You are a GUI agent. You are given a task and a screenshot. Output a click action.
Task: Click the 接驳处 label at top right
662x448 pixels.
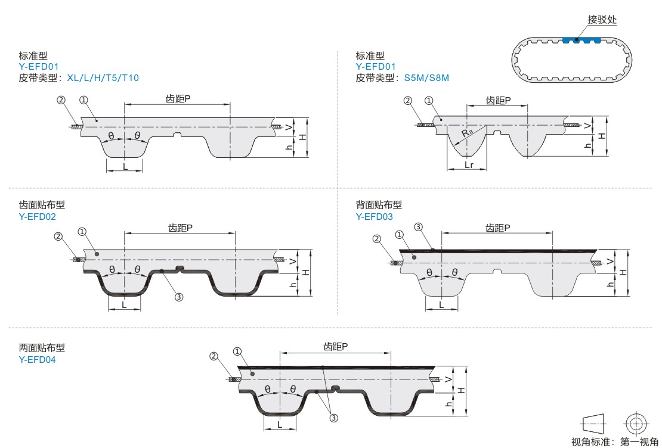(x=602, y=19)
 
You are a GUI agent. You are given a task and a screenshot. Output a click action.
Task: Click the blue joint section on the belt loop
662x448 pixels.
(x=580, y=41)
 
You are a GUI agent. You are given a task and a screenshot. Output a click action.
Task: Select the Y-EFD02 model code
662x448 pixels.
(x=38, y=216)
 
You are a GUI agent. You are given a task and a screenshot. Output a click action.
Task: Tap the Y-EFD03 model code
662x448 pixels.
(x=375, y=216)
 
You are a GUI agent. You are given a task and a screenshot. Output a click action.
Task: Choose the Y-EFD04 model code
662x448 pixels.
(x=38, y=359)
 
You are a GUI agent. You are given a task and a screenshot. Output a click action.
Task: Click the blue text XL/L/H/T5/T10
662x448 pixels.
(x=103, y=78)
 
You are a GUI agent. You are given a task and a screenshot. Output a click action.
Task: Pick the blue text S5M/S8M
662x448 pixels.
(x=426, y=78)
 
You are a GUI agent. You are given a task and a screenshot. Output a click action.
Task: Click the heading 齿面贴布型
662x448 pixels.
(x=42, y=205)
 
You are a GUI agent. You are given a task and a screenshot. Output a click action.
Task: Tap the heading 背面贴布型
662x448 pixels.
(x=379, y=205)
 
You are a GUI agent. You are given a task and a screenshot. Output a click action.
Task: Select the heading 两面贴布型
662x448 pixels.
(x=42, y=348)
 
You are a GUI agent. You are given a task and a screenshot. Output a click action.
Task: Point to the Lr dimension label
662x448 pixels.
(x=468, y=164)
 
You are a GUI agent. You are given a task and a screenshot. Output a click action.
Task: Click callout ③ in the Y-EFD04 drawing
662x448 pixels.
(x=334, y=418)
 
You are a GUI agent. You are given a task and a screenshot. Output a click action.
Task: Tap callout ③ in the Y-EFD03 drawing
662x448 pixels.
(x=418, y=226)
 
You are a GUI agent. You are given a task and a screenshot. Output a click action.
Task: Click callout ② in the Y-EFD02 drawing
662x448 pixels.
(x=58, y=237)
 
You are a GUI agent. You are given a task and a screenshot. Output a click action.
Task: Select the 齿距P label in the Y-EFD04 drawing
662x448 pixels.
(x=336, y=346)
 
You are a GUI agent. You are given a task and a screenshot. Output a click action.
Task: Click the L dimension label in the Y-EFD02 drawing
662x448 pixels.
(x=124, y=304)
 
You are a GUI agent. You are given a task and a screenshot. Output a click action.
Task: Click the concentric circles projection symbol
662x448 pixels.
(x=636, y=424)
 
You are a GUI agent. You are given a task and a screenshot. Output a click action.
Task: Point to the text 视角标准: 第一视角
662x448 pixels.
(x=615, y=441)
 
